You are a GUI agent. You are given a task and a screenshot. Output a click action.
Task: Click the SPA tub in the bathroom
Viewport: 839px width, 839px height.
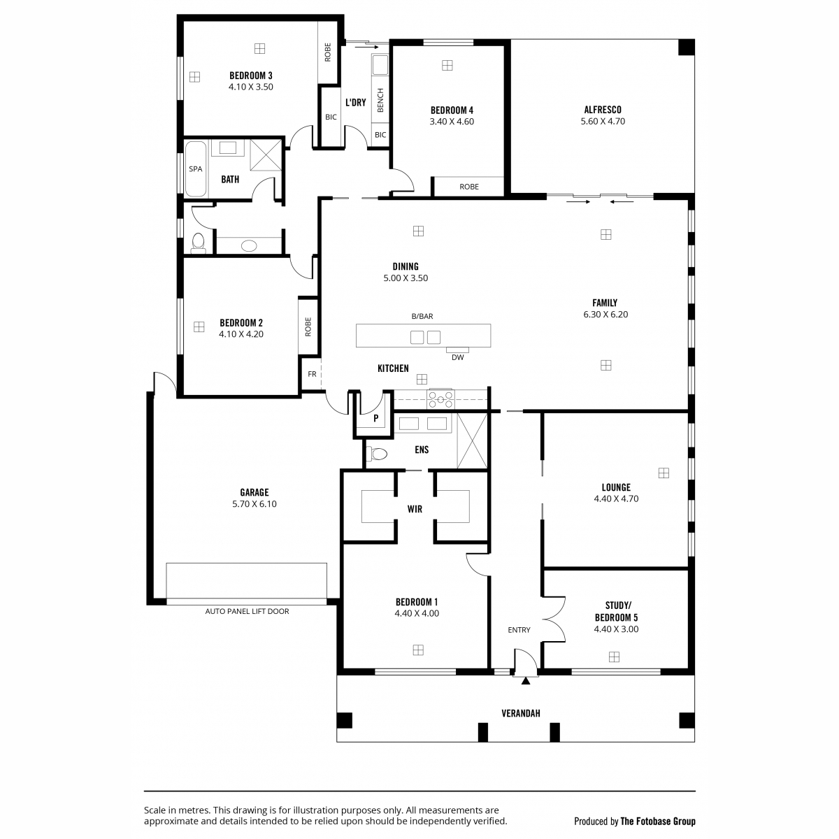tap(196, 169)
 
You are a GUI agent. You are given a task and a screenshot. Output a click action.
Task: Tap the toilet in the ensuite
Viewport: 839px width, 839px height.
tap(377, 454)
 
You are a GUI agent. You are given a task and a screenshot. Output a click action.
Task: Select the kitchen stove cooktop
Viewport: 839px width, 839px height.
tap(440, 399)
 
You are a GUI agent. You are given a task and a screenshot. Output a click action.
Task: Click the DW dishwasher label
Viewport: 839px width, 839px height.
tap(457, 357)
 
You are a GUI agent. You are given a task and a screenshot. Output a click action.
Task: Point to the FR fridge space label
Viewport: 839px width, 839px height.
tap(312, 374)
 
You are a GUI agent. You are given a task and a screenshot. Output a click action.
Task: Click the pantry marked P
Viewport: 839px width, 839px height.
tap(375, 418)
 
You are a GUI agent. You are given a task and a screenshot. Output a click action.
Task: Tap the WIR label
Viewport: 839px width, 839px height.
tap(415, 509)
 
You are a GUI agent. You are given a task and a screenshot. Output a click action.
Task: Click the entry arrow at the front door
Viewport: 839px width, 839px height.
tap(526, 681)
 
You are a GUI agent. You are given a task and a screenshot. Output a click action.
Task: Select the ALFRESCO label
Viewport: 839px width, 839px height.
tap(603, 110)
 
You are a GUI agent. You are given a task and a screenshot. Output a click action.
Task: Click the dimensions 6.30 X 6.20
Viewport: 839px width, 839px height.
tap(605, 315)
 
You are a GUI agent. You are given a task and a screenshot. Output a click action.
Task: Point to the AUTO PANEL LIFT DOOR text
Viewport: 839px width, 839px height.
tap(247, 611)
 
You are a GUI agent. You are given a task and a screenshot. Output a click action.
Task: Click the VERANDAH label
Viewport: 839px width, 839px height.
tap(521, 714)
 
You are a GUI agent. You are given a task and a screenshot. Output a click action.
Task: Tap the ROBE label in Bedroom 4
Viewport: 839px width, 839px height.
tap(469, 187)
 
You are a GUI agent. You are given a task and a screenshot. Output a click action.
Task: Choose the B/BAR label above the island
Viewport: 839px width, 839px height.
tap(422, 317)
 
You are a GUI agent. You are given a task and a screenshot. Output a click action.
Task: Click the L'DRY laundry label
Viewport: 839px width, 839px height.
tap(356, 103)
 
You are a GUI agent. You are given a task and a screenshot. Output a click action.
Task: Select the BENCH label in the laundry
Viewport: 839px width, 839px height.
tap(380, 100)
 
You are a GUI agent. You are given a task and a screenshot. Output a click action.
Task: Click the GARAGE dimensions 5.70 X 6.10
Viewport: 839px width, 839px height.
tap(254, 503)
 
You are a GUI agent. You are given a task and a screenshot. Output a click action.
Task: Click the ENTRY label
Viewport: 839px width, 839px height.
tap(519, 630)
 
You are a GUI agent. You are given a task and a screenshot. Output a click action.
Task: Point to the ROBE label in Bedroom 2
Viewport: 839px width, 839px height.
tap(308, 327)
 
